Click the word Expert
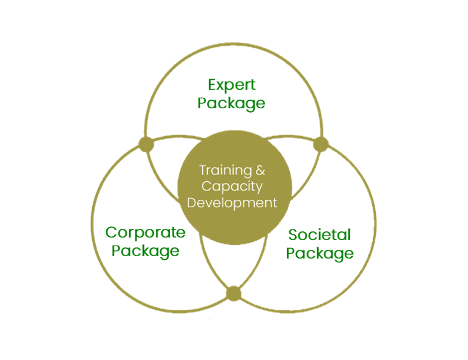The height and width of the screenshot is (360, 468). (232, 84)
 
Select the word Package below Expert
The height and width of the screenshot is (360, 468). (232, 103)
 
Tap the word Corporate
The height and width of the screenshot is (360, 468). (145, 233)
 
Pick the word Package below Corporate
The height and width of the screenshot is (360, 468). (146, 251)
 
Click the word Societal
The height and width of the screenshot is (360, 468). (320, 234)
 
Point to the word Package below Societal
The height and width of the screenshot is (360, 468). (320, 253)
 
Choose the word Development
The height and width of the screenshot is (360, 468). (232, 203)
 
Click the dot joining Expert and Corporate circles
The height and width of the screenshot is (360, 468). (145, 144)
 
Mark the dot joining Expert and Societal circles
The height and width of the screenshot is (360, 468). (320, 145)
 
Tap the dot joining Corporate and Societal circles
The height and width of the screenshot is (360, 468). (233, 293)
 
